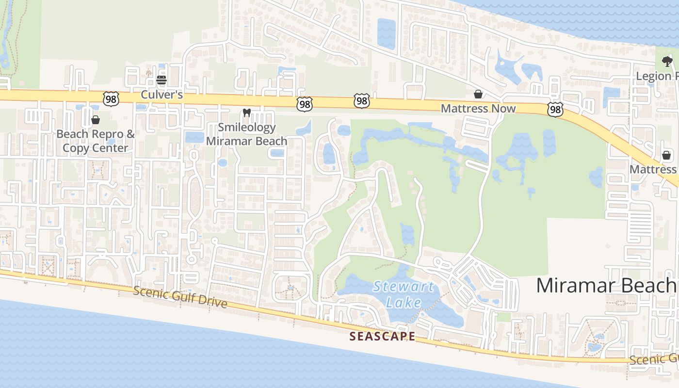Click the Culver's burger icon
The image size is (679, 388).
coord(162,80)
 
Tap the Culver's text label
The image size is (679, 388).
coord(162,95)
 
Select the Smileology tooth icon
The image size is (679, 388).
coord(246,113)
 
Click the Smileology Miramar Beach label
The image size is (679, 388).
coord(246,134)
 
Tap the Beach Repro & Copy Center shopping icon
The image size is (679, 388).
coord(96,120)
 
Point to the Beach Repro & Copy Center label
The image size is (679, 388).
coord(96,141)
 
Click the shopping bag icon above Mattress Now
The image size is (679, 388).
coord(478,94)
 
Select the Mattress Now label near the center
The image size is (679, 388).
coord(478,108)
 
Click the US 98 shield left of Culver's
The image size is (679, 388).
coord(111,98)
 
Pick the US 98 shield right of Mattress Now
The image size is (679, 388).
coord(555,110)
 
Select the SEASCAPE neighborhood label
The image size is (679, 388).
coord(382,336)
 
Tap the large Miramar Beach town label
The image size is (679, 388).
coord(606,285)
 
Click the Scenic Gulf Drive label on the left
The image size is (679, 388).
coord(179,296)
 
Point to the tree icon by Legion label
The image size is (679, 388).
coord(667,62)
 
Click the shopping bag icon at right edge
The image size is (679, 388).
coord(667,155)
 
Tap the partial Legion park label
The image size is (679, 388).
coord(657,76)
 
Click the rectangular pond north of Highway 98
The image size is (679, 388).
coord(387,34)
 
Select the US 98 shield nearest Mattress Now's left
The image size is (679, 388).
coord(361,101)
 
